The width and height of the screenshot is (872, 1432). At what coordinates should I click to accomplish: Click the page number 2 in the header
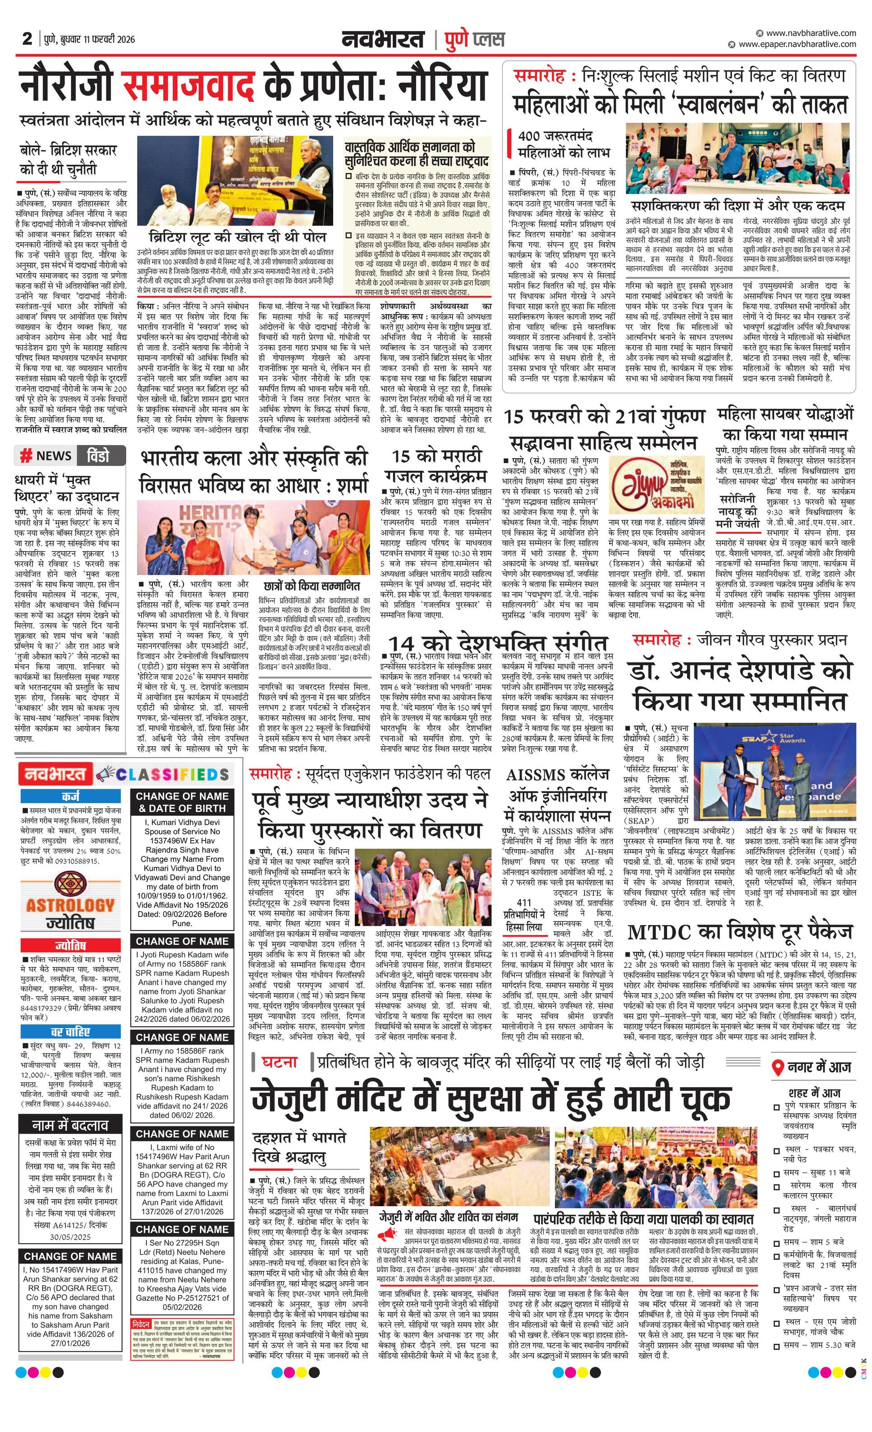point(27,39)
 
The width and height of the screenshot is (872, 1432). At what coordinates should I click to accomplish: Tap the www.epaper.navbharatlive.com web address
point(797,44)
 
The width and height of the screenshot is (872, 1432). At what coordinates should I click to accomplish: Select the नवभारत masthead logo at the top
point(384,40)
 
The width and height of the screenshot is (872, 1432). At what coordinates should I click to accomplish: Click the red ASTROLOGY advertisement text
point(70,905)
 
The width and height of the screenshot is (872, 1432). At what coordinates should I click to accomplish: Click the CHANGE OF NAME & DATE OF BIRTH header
point(182,802)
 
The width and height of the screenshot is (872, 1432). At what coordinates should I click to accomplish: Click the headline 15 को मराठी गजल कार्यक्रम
point(439,465)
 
